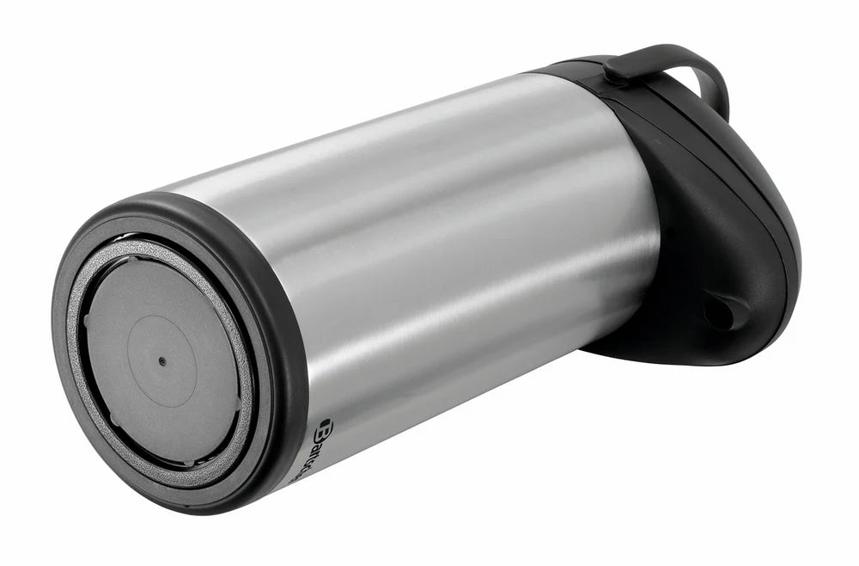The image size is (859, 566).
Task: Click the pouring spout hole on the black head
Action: [x=720, y=311]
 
